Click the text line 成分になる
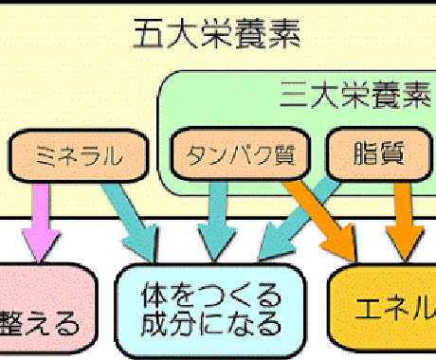click(x=210, y=323)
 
